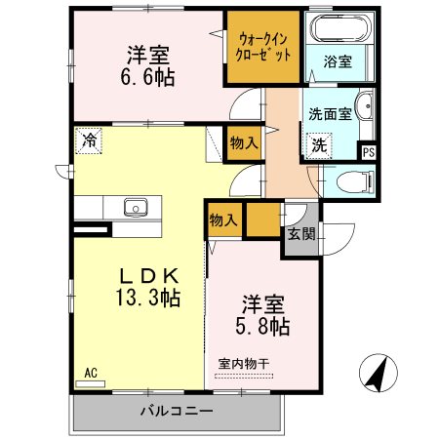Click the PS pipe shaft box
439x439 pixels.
368,151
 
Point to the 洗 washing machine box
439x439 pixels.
319,146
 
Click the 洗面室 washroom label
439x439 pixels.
329,114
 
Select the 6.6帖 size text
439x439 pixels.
149,76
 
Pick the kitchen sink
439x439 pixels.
134,207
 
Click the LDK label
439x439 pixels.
146,276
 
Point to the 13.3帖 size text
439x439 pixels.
146,299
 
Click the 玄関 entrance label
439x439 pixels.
300,233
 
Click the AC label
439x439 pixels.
91,372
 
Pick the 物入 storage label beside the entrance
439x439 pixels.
224,221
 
